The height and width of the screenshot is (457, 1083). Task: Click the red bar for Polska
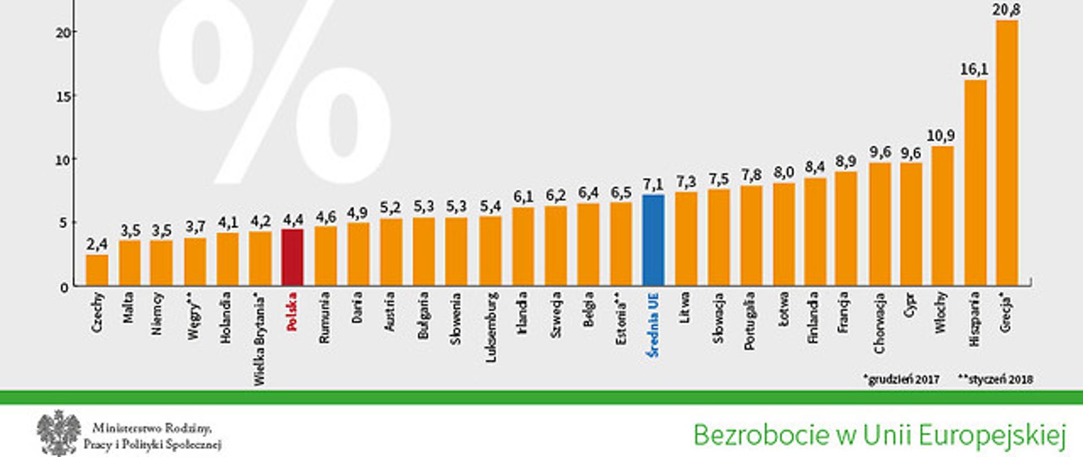click(x=292, y=257)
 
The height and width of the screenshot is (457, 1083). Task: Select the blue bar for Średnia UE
click(x=653, y=240)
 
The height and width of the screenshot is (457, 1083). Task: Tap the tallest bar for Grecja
click(x=1007, y=152)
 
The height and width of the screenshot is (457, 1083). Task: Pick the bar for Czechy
click(x=97, y=270)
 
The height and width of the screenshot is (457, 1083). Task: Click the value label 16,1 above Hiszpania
click(x=974, y=69)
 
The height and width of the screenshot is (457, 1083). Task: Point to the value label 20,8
click(x=1007, y=10)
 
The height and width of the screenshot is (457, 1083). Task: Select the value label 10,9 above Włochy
click(x=941, y=136)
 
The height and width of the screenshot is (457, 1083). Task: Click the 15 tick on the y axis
click(x=64, y=96)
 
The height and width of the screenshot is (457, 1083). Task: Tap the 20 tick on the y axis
click(x=64, y=32)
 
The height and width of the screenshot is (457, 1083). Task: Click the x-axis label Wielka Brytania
click(x=259, y=339)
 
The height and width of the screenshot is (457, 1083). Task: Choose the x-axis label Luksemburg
click(x=491, y=326)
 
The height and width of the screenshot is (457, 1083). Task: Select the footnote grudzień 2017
click(x=901, y=380)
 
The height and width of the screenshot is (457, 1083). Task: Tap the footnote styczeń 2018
click(x=996, y=380)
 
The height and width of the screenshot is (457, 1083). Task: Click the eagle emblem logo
click(x=59, y=433)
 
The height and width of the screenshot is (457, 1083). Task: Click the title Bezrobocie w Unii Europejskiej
click(x=879, y=435)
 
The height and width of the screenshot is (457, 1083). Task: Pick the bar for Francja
click(x=846, y=228)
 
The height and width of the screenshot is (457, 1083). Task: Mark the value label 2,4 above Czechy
click(x=96, y=244)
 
